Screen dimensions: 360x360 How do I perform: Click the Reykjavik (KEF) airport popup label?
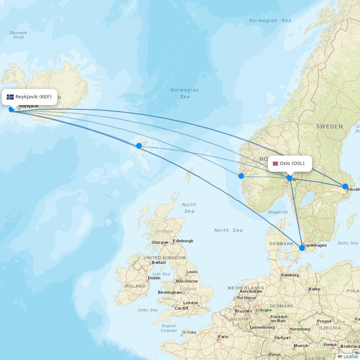click(30, 97)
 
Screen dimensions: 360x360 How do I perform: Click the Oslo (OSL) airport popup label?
click(290, 163)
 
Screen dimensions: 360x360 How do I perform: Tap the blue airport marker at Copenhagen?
click(302, 248)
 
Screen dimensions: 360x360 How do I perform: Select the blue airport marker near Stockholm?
click(345, 186)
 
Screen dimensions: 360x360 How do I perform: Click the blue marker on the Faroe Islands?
click(139, 146)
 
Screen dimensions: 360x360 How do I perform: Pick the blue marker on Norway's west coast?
click(241, 176)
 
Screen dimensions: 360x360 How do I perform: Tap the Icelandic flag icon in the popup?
click(10, 97)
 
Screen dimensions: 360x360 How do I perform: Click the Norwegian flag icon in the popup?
click(275, 163)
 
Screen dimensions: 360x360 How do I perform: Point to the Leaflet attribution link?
click(350, 356)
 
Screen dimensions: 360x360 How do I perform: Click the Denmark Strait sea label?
click(18, 35)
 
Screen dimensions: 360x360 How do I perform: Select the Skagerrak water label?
click(278, 212)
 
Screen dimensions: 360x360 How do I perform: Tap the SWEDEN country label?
click(329, 127)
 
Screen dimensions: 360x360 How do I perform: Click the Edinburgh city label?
click(183, 241)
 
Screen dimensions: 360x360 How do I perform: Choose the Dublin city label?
click(154, 278)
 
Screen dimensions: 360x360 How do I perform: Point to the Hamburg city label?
click(290, 275)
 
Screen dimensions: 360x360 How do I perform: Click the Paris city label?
click(223, 337)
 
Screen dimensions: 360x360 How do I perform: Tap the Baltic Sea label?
click(348, 243)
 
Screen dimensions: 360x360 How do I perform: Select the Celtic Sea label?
click(147, 310)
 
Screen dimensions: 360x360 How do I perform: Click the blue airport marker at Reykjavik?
click(12, 109)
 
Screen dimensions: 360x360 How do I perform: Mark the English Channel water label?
click(168, 328)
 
